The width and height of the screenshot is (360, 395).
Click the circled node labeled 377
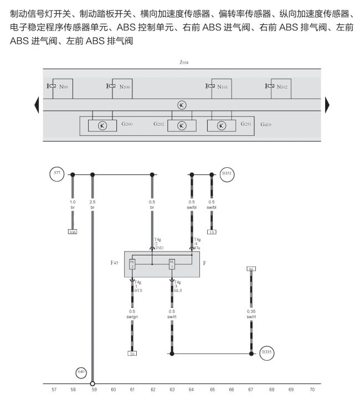click(56, 173)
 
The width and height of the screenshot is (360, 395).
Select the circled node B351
click(227, 173)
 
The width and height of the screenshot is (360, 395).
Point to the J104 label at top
click(184, 63)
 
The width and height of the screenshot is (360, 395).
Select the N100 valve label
click(125, 86)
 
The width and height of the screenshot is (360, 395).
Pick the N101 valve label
click(223, 86)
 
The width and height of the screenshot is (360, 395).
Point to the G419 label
click(266, 125)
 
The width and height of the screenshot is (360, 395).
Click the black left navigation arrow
click(37, 105)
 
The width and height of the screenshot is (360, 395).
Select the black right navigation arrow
click(327, 105)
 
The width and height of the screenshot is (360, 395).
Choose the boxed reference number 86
click(251, 269)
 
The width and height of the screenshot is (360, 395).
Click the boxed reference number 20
click(132, 353)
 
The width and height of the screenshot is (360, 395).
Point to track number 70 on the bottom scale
click(312, 389)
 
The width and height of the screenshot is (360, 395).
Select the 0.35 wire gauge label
click(251, 311)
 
